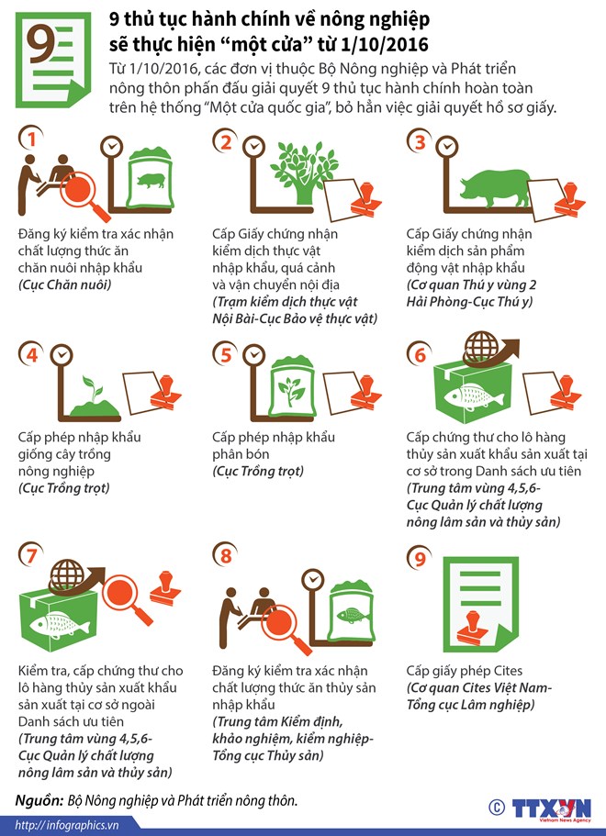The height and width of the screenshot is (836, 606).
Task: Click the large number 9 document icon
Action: tap(52, 60)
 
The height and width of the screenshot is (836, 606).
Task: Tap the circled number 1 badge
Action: tap(31, 139)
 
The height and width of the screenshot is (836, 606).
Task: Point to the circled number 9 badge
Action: tap(420, 558)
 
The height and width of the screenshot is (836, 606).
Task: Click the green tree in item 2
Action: tap(304, 172)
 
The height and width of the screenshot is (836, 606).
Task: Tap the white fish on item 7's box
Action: tap(60, 626)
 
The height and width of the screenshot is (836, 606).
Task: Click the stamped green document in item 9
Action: tap(480, 604)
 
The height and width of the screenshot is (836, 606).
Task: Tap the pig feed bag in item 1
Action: tap(150, 177)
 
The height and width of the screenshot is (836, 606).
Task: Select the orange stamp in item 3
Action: tap(569, 198)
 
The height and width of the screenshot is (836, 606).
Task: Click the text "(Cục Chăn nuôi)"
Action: tap(65, 284)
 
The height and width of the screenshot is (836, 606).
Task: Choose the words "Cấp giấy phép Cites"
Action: tap(464, 671)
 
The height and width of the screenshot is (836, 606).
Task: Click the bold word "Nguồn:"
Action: tap(39, 800)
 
